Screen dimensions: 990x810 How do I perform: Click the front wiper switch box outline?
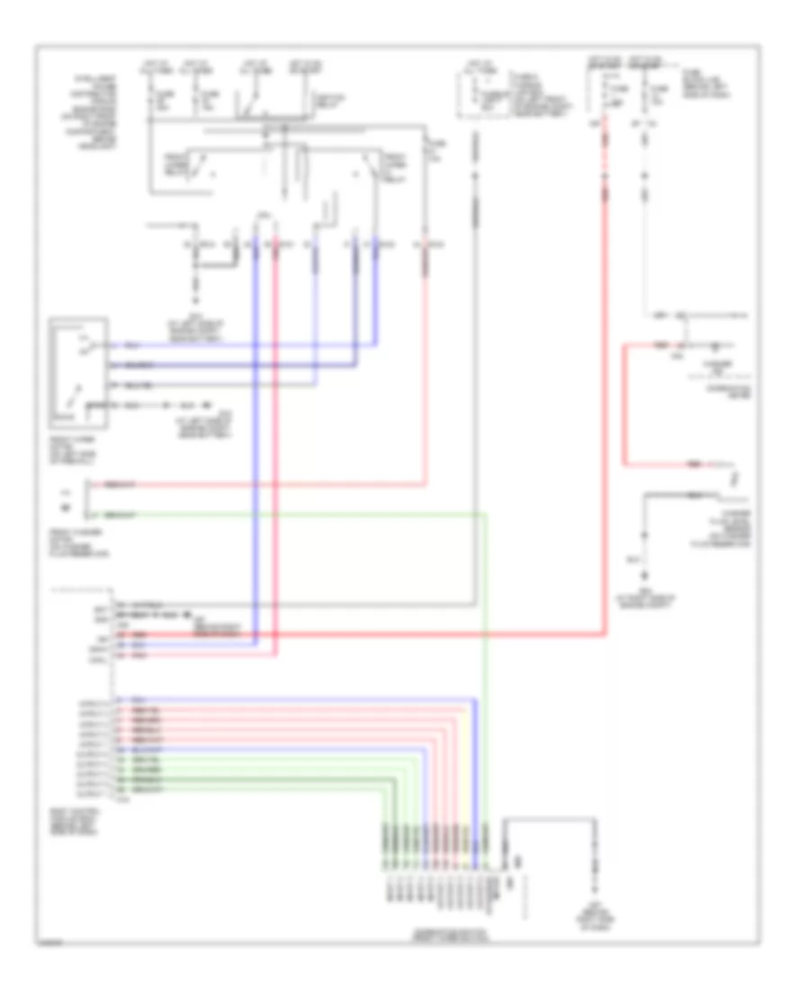81,370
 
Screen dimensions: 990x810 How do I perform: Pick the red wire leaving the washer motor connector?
270,484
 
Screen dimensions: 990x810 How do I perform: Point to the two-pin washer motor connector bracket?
88,499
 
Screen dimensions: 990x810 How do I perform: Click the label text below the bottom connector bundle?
441,936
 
